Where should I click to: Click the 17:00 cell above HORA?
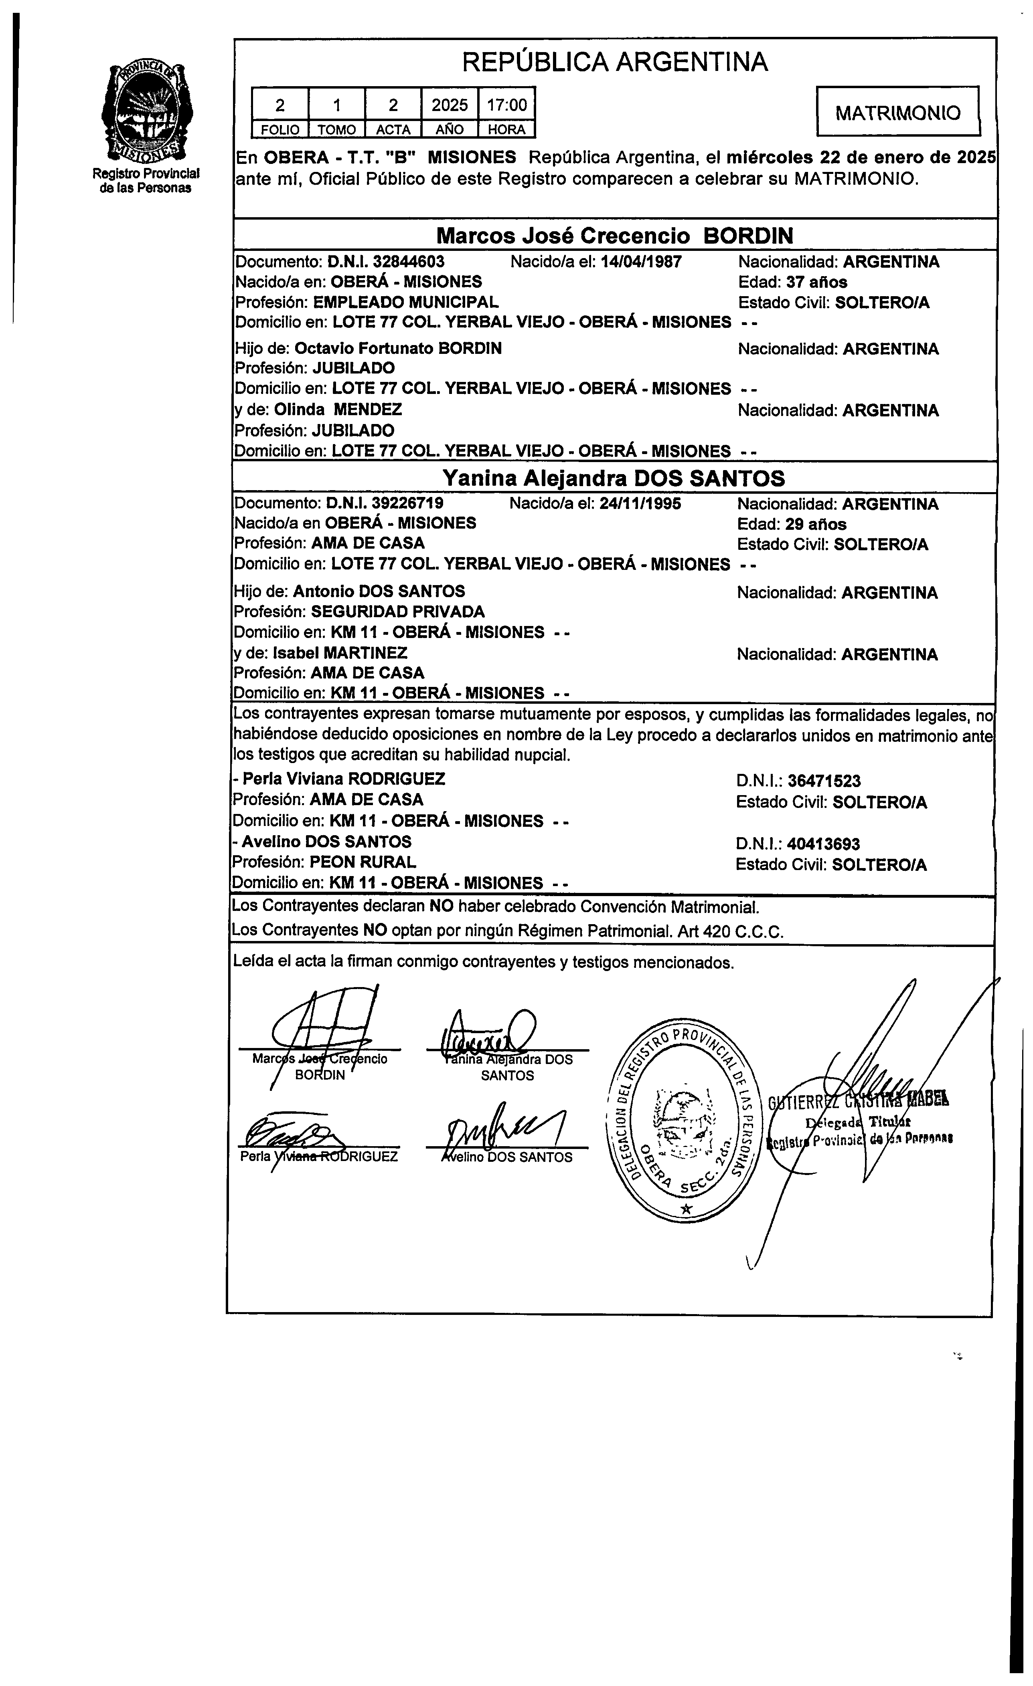(x=506, y=105)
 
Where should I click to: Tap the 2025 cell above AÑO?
(x=450, y=105)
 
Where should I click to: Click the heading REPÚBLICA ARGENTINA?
(x=615, y=62)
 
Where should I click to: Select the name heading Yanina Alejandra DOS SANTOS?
(x=614, y=478)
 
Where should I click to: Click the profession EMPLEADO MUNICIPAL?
(x=405, y=302)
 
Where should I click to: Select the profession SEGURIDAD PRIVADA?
(x=398, y=612)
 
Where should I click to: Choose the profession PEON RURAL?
(x=363, y=862)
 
